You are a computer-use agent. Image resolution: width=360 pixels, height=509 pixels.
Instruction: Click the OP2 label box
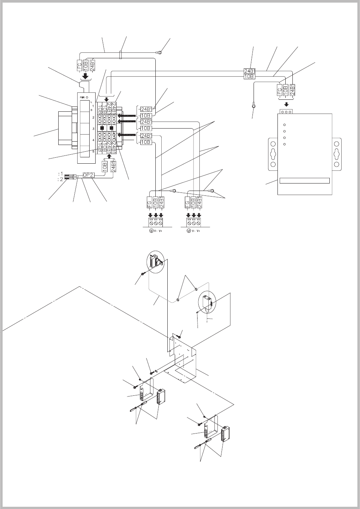[87, 175]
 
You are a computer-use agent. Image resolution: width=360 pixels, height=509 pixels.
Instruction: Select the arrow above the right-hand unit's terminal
[286, 104]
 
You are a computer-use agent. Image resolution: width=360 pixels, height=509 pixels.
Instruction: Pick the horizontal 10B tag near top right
[249, 77]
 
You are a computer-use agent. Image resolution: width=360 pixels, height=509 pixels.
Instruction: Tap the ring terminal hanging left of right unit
[254, 106]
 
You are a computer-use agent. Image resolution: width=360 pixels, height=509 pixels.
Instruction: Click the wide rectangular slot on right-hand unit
[305, 181]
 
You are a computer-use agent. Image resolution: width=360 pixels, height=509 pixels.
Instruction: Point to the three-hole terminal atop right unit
[286, 111]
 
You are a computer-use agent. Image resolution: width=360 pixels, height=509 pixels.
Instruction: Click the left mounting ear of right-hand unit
[273, 153]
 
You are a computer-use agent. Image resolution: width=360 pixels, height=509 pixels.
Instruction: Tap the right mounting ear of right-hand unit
[336, 153]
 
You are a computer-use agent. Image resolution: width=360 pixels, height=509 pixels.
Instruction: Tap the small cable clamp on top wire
[121, 55]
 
